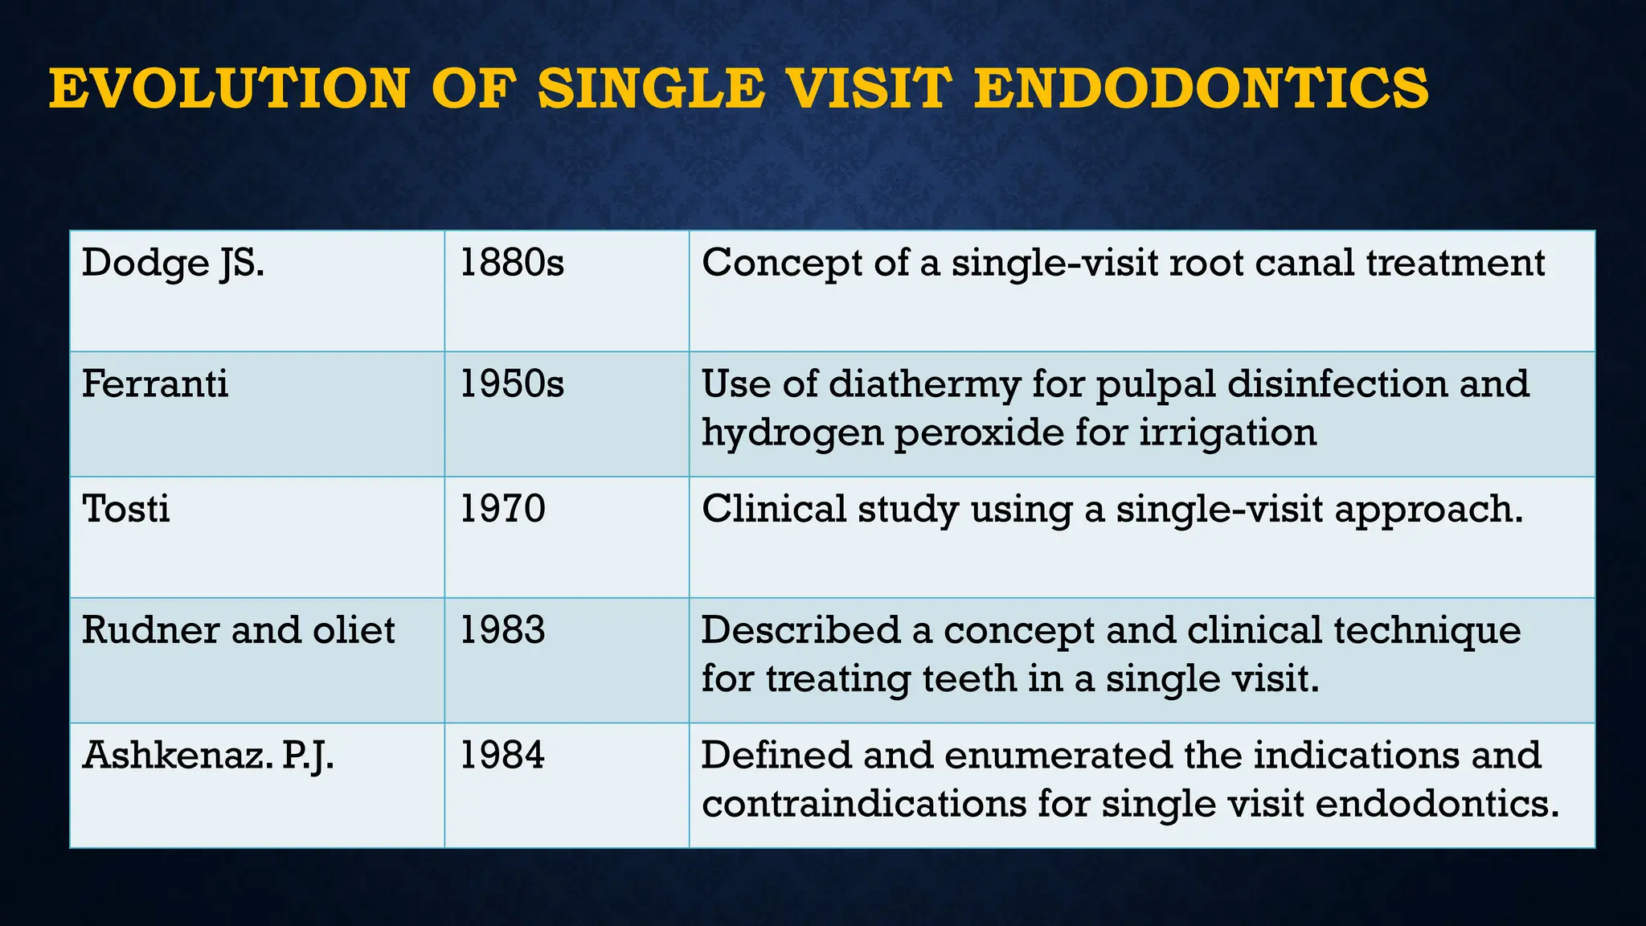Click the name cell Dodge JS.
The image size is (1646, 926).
(173, 264)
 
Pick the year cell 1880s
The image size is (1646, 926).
(512, 264)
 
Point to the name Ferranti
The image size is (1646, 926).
(155, 384)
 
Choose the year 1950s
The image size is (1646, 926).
(512, 384)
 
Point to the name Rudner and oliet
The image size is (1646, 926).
(238, 630)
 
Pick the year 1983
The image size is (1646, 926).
(502, 630)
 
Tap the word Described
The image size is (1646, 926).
(800, 630)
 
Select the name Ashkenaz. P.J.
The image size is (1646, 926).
(208, 756)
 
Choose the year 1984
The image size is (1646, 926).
(502, 756)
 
